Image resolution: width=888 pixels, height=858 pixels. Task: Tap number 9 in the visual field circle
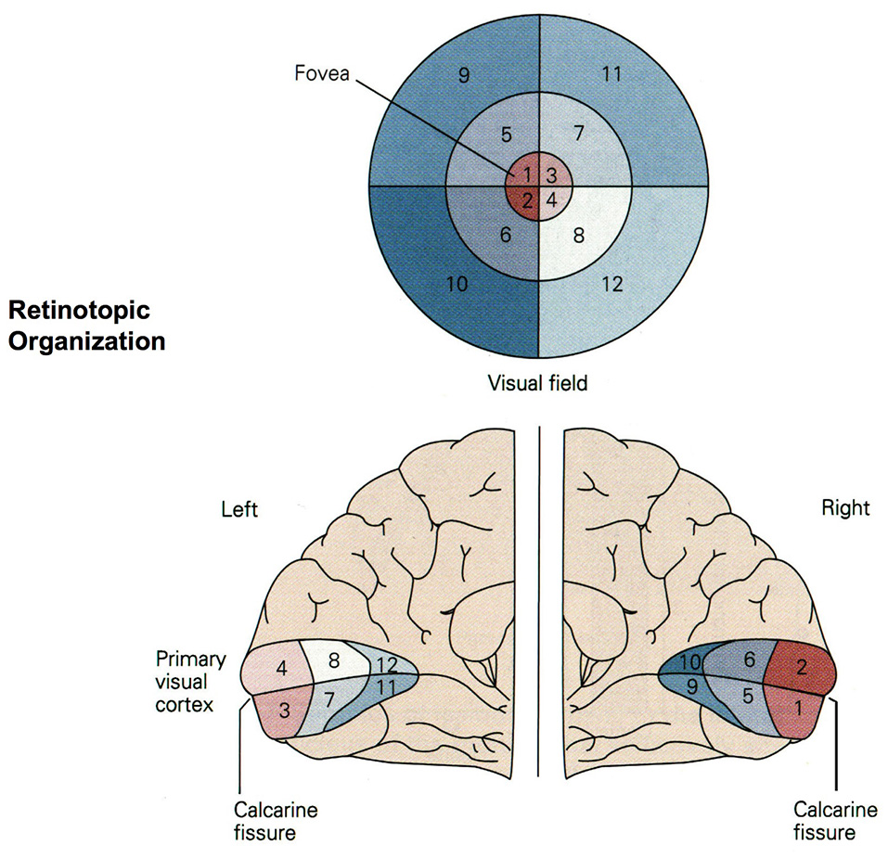click(x=463, y=76)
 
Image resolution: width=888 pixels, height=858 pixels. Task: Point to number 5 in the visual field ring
click(x=506, y=134)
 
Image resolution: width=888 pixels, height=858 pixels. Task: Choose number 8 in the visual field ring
click(x=578, y=236)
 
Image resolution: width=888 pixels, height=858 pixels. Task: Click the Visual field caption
click(x=538, y=383)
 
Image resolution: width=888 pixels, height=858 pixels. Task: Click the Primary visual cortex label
click(x=190, y=682)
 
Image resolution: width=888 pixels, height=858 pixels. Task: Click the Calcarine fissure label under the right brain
click(x=835, y=821)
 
